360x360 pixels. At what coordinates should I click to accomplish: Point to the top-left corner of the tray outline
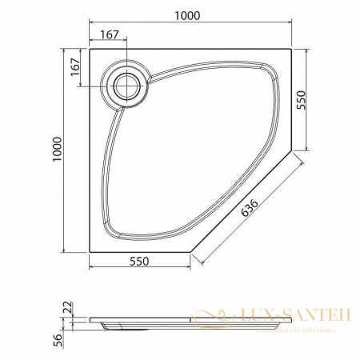(90, 48)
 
